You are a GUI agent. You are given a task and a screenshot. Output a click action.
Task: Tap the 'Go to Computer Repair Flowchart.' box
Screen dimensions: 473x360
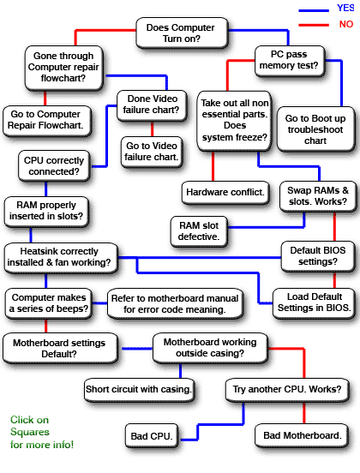pyautogui.click(x=50, y=119)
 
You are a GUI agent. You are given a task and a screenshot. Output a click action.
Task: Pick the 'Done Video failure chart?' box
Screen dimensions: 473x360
pyautogui.click(x=152, y=104)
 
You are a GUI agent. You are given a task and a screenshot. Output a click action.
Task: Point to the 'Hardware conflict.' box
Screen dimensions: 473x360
pyautogui.click(x=225, y=191)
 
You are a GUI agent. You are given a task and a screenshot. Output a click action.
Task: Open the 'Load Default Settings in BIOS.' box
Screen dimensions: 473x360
pyautogui.click(x=311, y=301)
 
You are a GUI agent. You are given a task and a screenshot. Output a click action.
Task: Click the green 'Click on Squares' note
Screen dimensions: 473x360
pyautogui.click(x=42, y=432)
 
